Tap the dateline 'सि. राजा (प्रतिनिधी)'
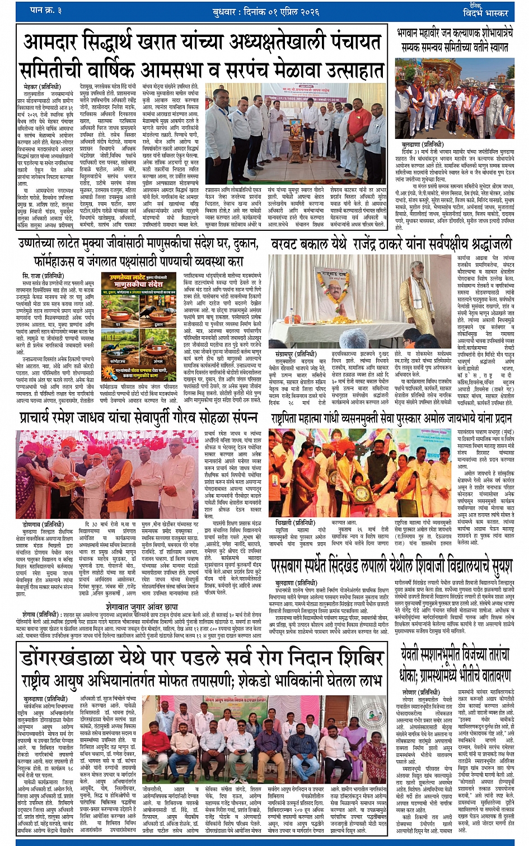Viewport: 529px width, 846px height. (43, 276)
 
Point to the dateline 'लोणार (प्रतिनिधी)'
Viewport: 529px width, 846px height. (421, 692)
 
